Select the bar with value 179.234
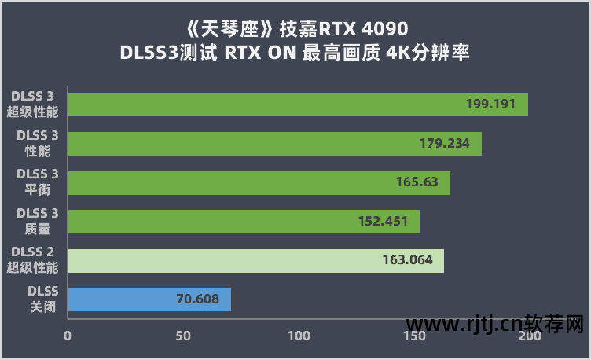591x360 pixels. click(x=274, y=144)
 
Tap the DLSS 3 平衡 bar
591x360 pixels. click(x=259, y=182)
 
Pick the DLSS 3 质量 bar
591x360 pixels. click(x=244, y=222)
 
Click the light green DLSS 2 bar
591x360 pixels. click(x=255, y=261)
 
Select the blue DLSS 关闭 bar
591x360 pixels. click(x=149, y=299)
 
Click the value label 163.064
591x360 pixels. click(x=406, y=261)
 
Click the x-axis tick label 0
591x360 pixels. click(x=68, y=336)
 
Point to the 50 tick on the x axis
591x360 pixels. click(x=183, y=336)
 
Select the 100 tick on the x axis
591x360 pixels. click(x=299, y=336)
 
